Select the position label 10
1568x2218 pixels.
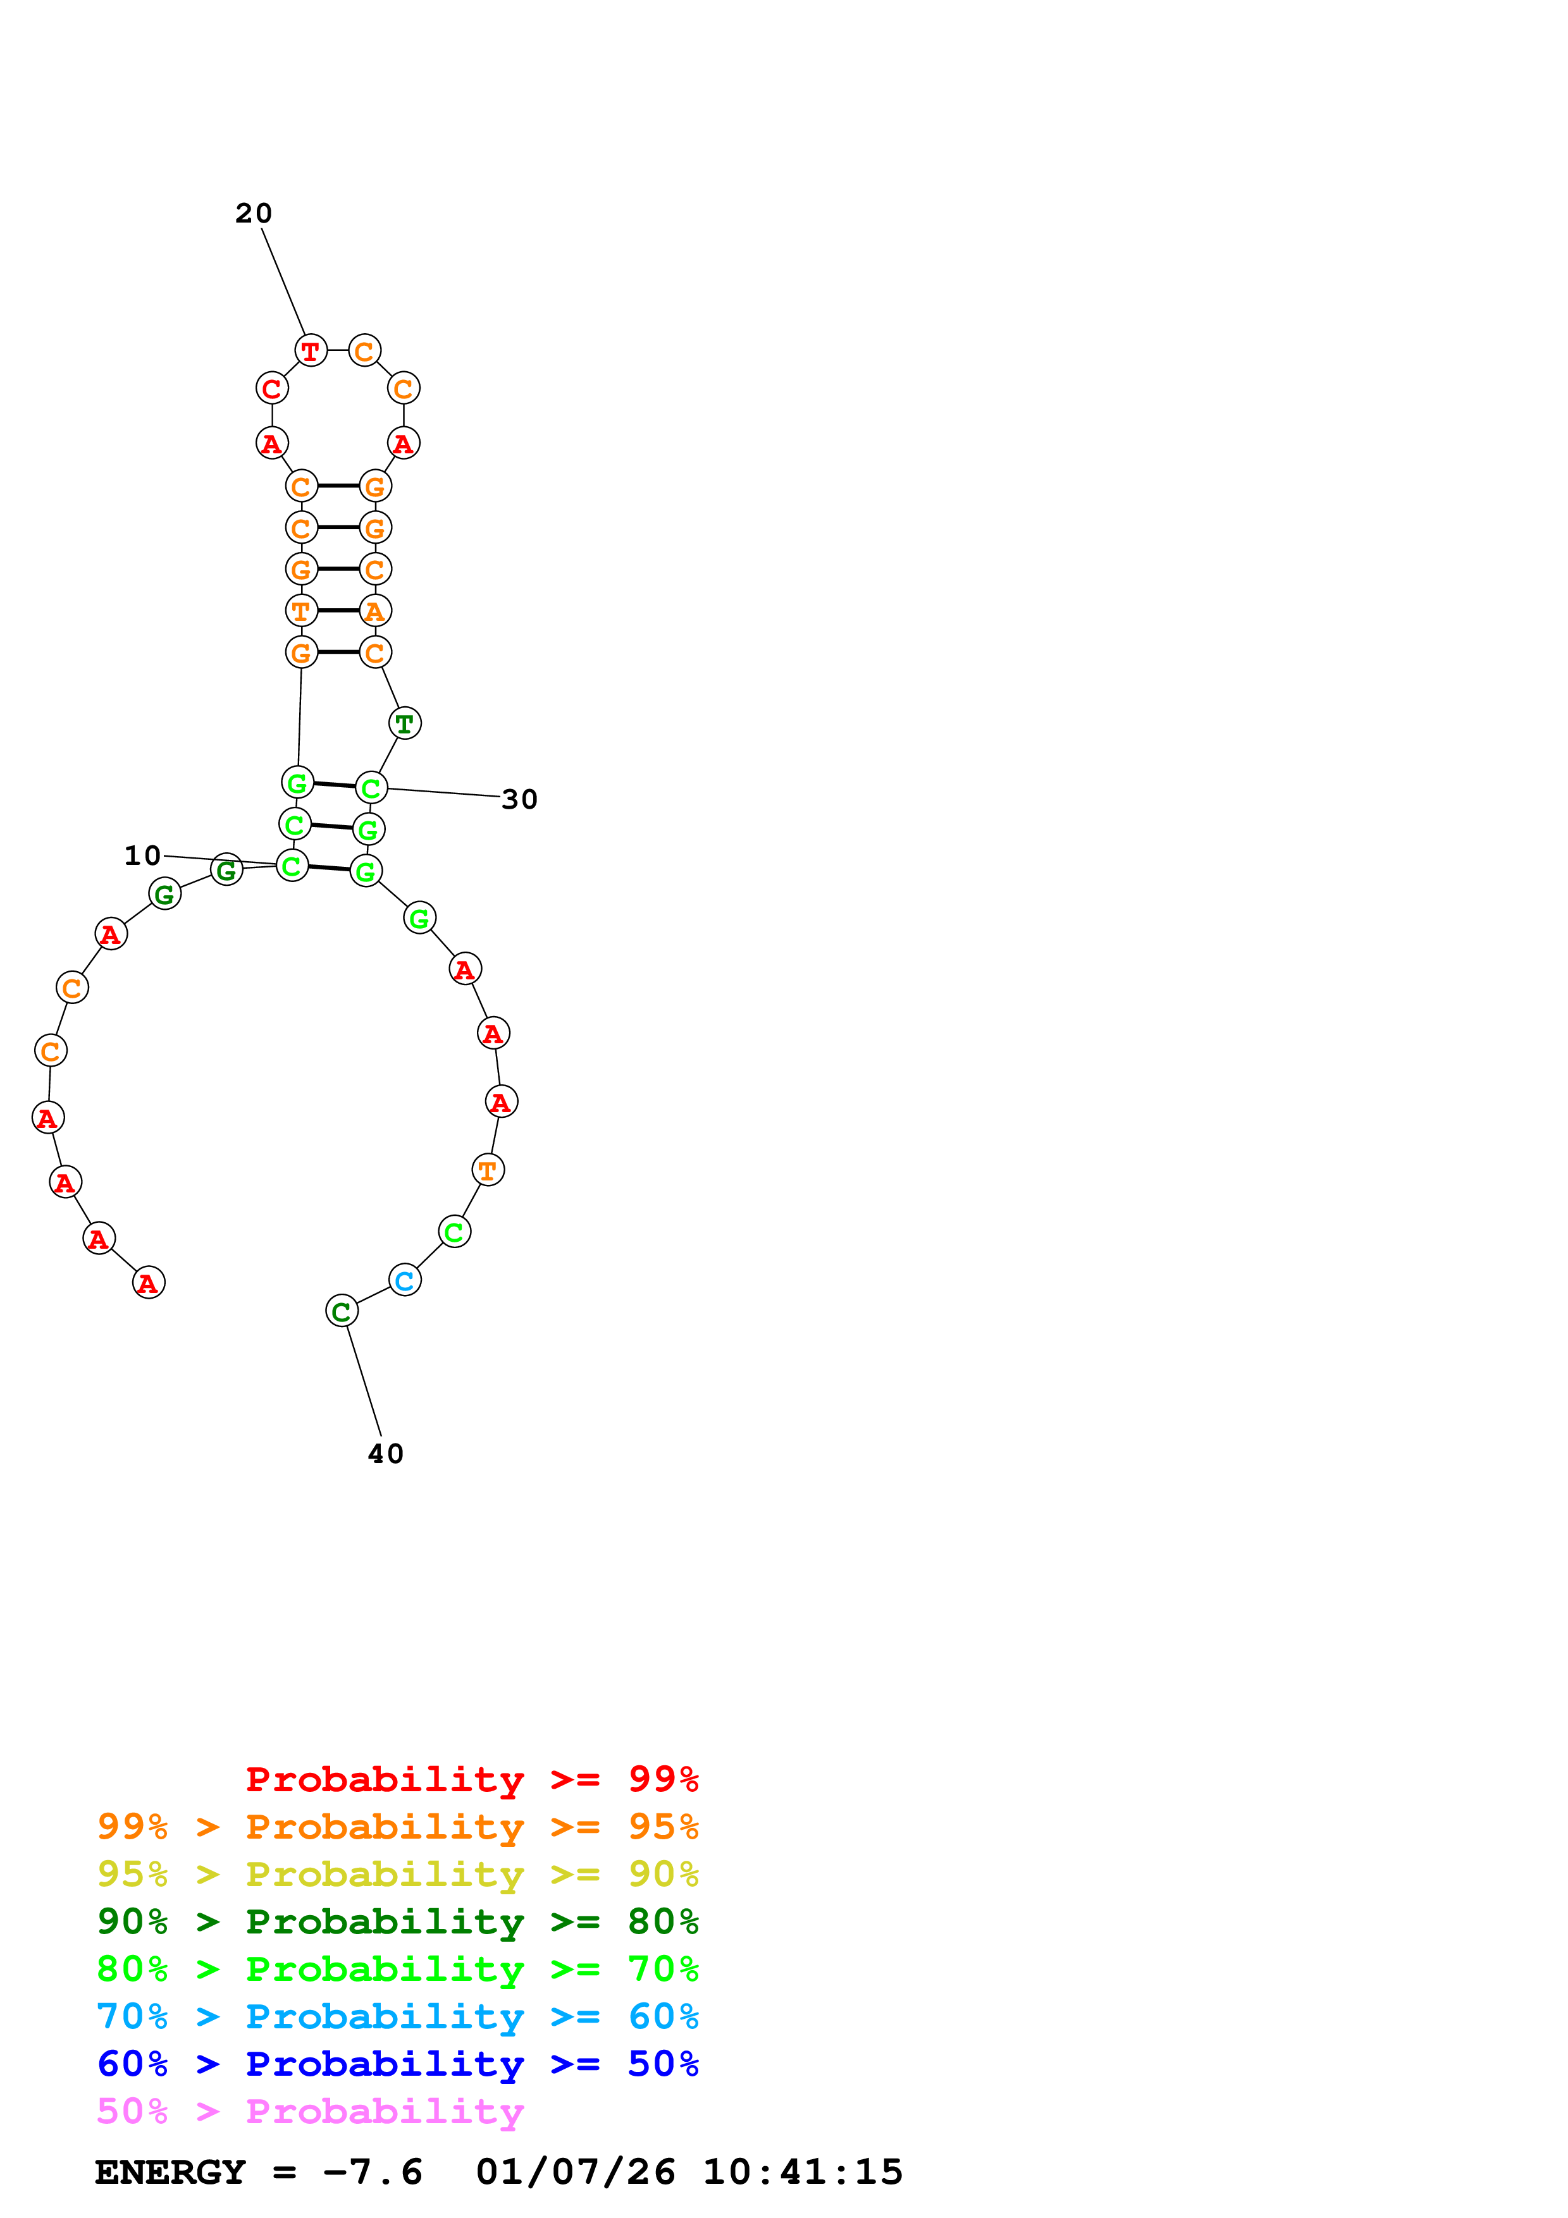point(142,856)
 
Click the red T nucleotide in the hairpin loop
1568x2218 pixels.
point(310,351)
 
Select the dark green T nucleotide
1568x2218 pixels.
point(405,723)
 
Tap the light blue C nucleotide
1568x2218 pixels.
point(405,1281)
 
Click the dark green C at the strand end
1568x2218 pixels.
point(341,1312)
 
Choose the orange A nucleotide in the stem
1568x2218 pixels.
point(375,611)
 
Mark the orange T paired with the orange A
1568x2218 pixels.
point(302,611)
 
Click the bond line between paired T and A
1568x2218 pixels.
point(338,611)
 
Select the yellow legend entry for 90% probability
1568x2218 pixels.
point(397,1875)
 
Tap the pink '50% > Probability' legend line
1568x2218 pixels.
point(310,2112)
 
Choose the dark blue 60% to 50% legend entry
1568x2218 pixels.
point(397,2064)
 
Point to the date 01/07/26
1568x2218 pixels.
point(575,2172)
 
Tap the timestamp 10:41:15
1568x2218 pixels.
point(802,2172)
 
